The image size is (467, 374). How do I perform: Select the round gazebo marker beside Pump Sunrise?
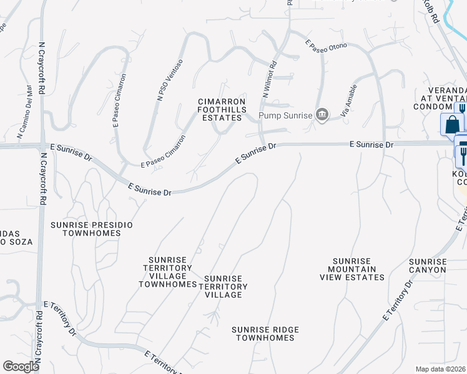[x=322, y=114]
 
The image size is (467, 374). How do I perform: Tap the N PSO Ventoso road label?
[x=170, y=80]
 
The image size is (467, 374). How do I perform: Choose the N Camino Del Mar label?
[x=24, y=110]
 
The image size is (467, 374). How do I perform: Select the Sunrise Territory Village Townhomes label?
[x=167, y=272]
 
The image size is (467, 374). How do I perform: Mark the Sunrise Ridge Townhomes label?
[x=265, y=333]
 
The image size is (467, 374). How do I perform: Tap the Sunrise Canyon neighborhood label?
[x=428, y=266]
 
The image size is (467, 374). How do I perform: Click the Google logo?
[x=21, y=367]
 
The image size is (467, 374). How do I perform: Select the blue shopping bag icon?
[x=451, y=125]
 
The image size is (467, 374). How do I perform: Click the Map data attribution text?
[x=440, y=369]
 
